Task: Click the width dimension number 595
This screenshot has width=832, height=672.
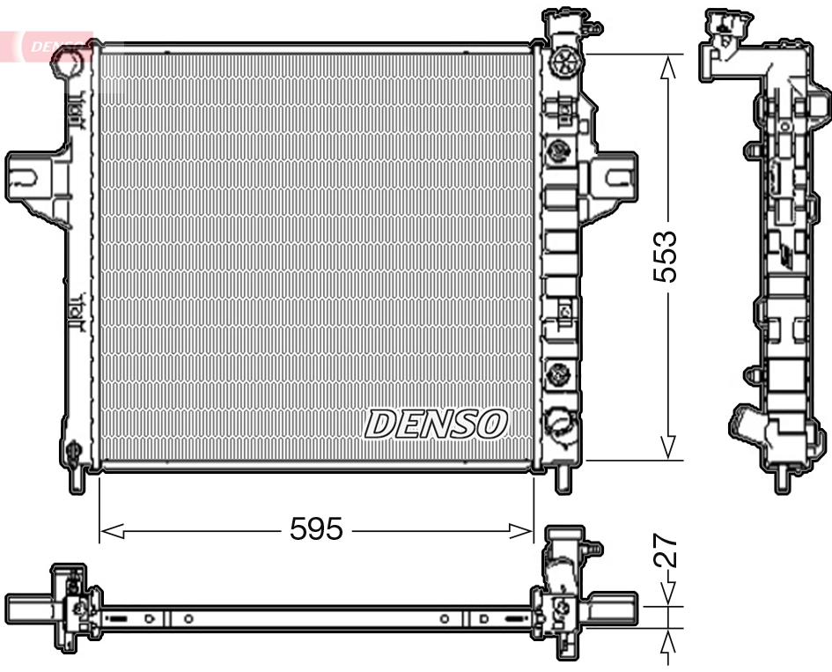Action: [x=316, y=529]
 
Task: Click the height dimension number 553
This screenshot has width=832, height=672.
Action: [x=665, y=256]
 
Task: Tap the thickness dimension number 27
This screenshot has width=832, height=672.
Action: [x=666, y=550]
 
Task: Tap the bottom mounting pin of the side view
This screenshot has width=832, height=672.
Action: [x=780, y=480]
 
